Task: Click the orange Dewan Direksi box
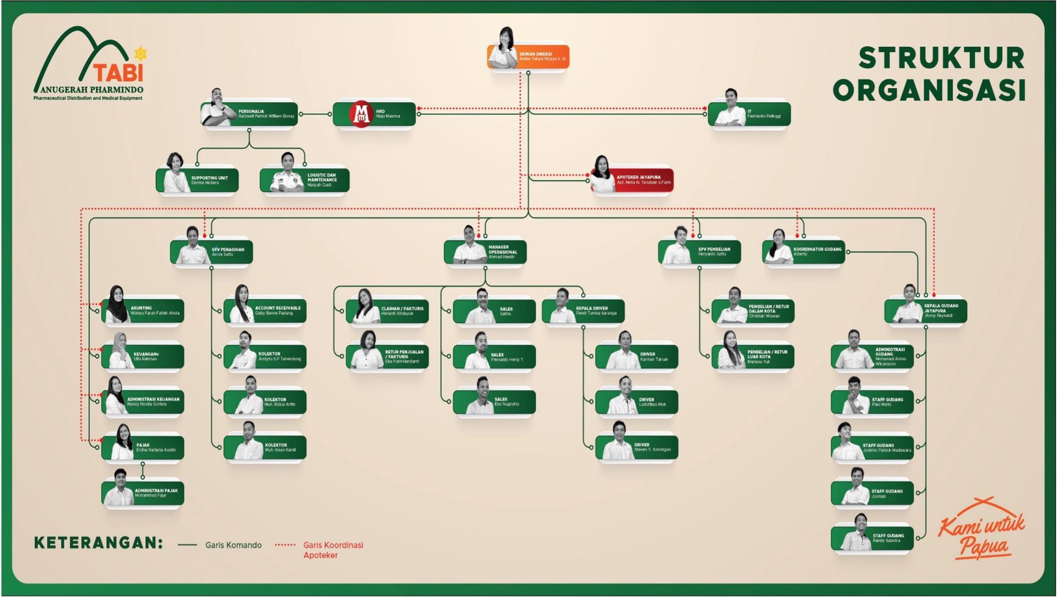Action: point(528,57)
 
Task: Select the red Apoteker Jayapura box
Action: point(632,180)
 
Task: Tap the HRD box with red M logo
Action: point(374,114)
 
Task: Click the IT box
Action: point(749,114)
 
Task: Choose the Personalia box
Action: point(249,114)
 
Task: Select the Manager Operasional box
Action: point(485,253)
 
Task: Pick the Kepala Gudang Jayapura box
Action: point(926,311)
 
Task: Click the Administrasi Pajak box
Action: point(143,493)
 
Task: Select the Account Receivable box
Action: point(265,311)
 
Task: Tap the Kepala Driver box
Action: point(584,311)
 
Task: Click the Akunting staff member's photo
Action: point(116,306)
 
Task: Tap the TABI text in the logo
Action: point(118,73)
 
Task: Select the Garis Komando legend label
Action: point(233,545)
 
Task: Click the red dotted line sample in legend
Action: point(285,545)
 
